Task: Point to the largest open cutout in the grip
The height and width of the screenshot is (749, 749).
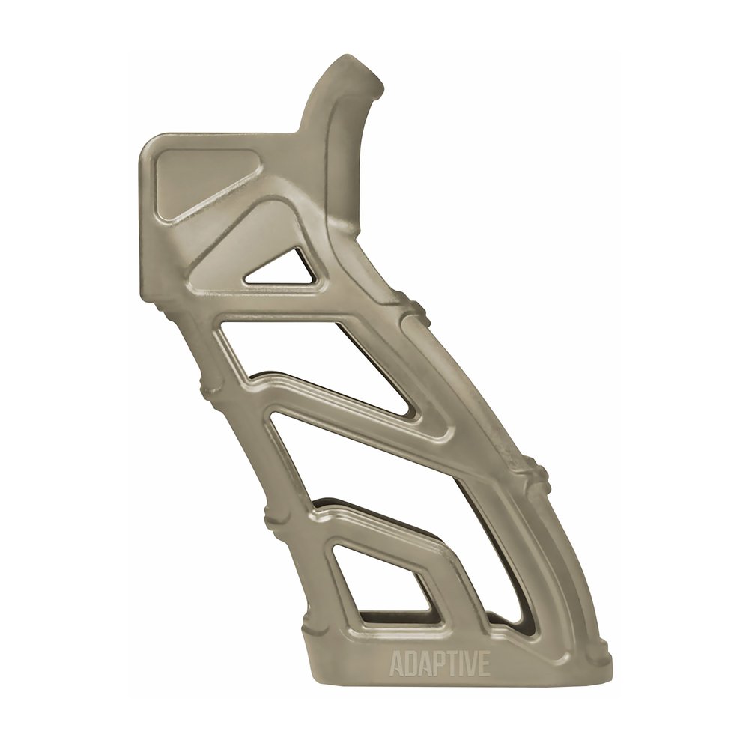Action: [x=374, y=479]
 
